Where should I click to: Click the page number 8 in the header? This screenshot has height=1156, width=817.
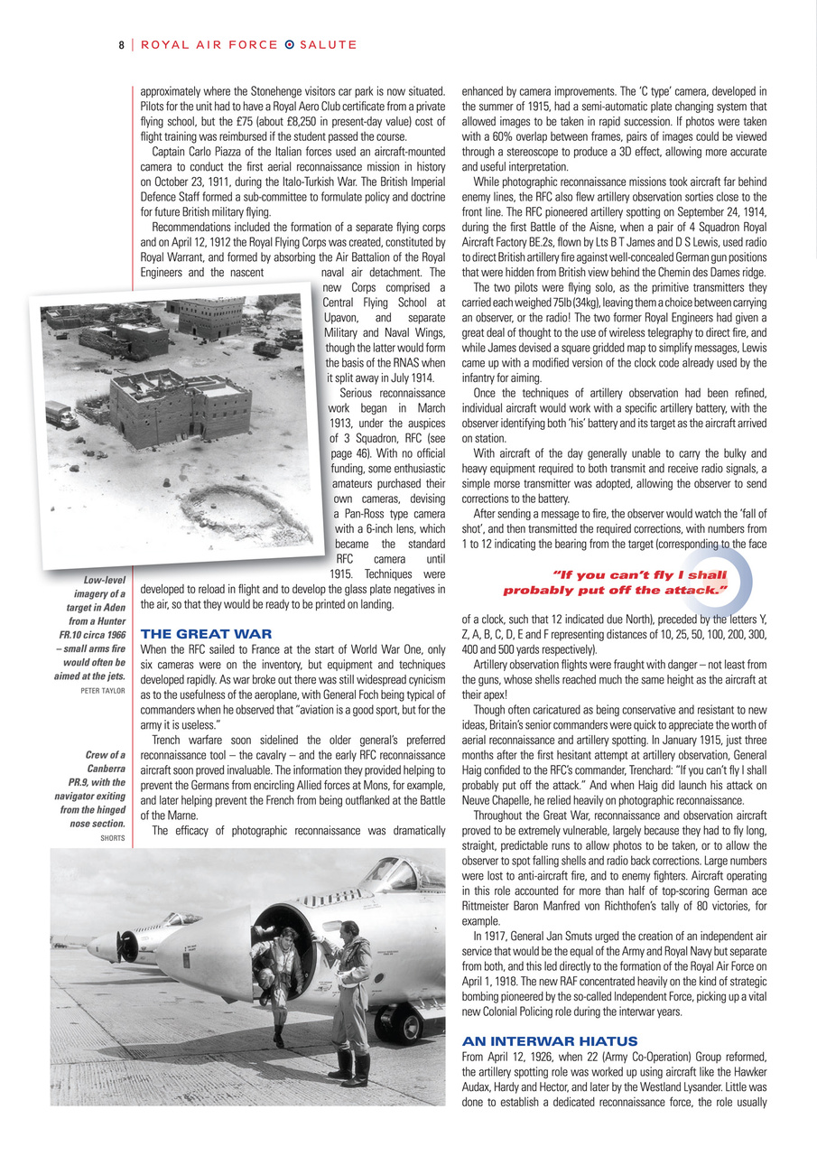[120, 44]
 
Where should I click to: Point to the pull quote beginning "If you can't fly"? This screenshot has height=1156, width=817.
[615, 583]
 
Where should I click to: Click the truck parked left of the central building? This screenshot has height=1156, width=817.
[62, 415]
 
